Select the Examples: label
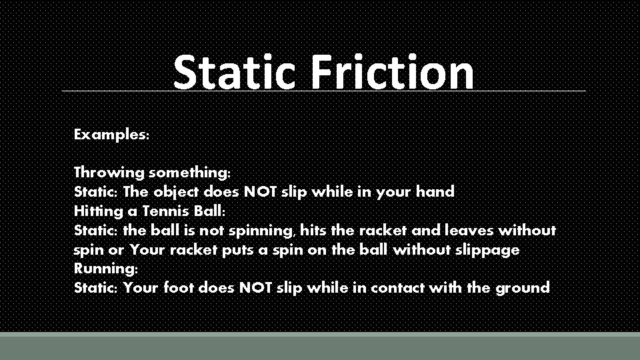[x=112, y=134]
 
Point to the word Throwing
[x=109, y=173]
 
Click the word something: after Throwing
[x=190, y=173]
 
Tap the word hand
[x=435, y=192]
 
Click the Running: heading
[x=106, y=269]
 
